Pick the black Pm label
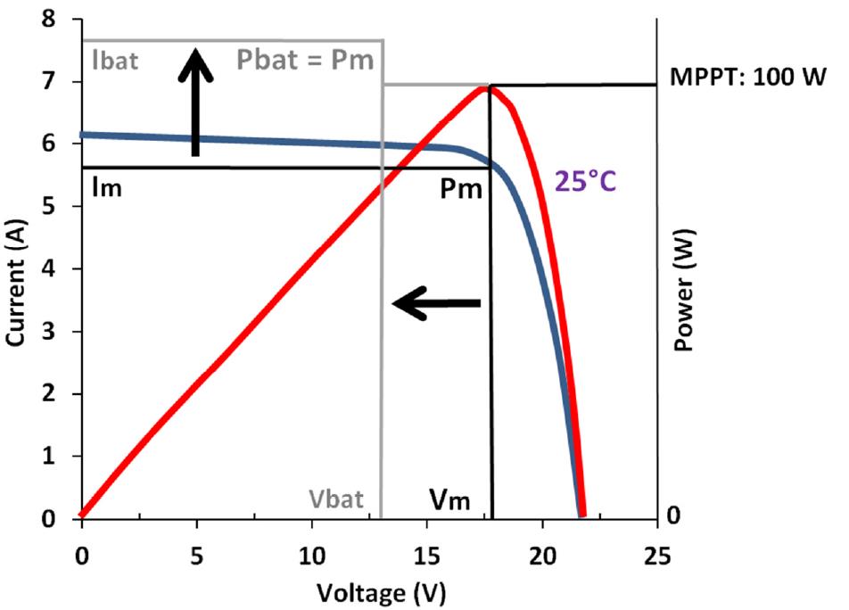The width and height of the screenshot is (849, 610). pos(463,189)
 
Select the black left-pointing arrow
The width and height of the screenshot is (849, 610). pos(437,304)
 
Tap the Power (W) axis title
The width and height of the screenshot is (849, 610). pos(684,289)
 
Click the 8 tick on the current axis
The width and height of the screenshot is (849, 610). pos(58,20)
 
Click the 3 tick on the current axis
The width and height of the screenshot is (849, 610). pos(58,333)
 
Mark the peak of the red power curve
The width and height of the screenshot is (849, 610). pos(485,87)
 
